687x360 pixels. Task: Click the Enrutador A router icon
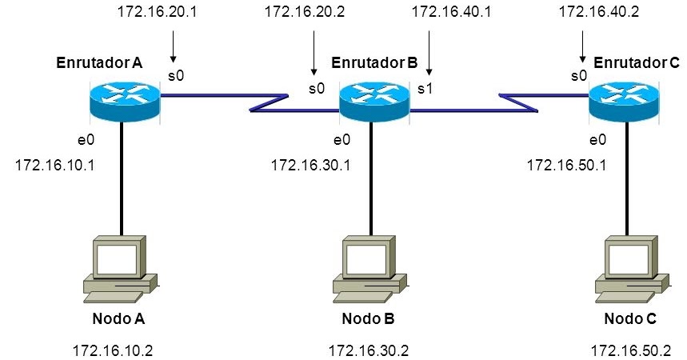tap(124, 100)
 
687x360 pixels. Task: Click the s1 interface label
tap(425, 88)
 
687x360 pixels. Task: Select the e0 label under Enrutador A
tap(86, 140)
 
